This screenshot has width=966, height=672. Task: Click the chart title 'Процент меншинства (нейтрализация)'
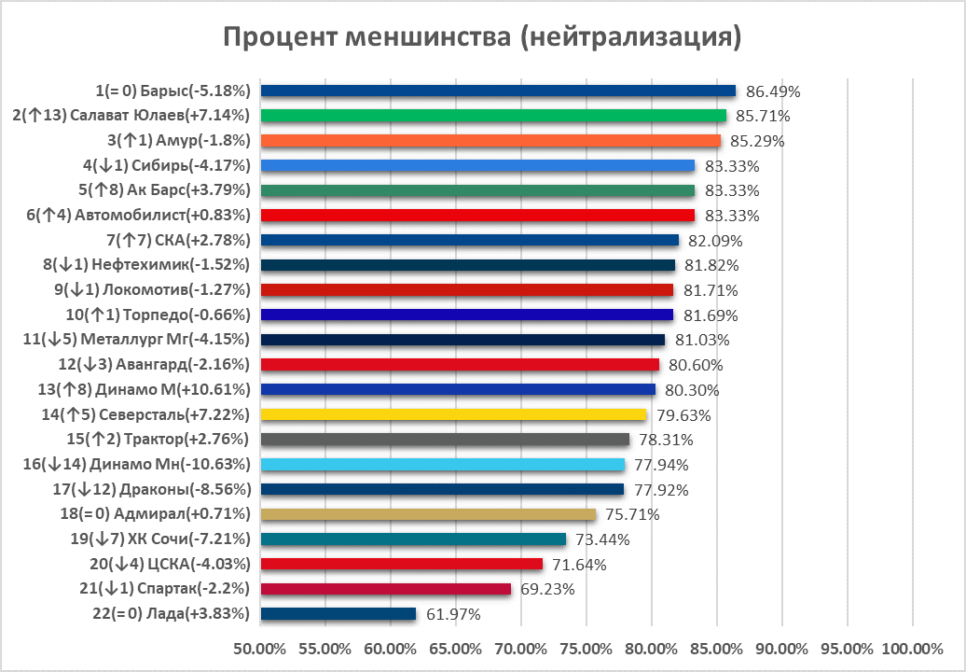pos(482,37)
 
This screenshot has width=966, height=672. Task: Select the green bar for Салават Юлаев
pos(493,116)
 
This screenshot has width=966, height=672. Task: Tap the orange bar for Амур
pos(490,141)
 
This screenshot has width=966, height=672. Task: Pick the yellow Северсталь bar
pos(453,414)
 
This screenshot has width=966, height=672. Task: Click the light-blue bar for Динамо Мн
pos(442,465)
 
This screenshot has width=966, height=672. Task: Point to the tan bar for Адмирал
pos(428,514)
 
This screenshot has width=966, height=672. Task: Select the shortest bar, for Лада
pos(338,614)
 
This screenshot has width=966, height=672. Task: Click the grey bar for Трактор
pos(445,440)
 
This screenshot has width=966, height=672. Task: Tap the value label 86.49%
pos(774,91)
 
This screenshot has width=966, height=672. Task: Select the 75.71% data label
pos(633,514)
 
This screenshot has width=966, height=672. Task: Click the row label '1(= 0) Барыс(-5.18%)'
pos(173,91)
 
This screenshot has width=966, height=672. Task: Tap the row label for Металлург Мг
pos(136,340)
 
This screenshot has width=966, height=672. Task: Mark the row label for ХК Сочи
pos(160,539)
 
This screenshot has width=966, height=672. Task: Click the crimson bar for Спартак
pos(386,589)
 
